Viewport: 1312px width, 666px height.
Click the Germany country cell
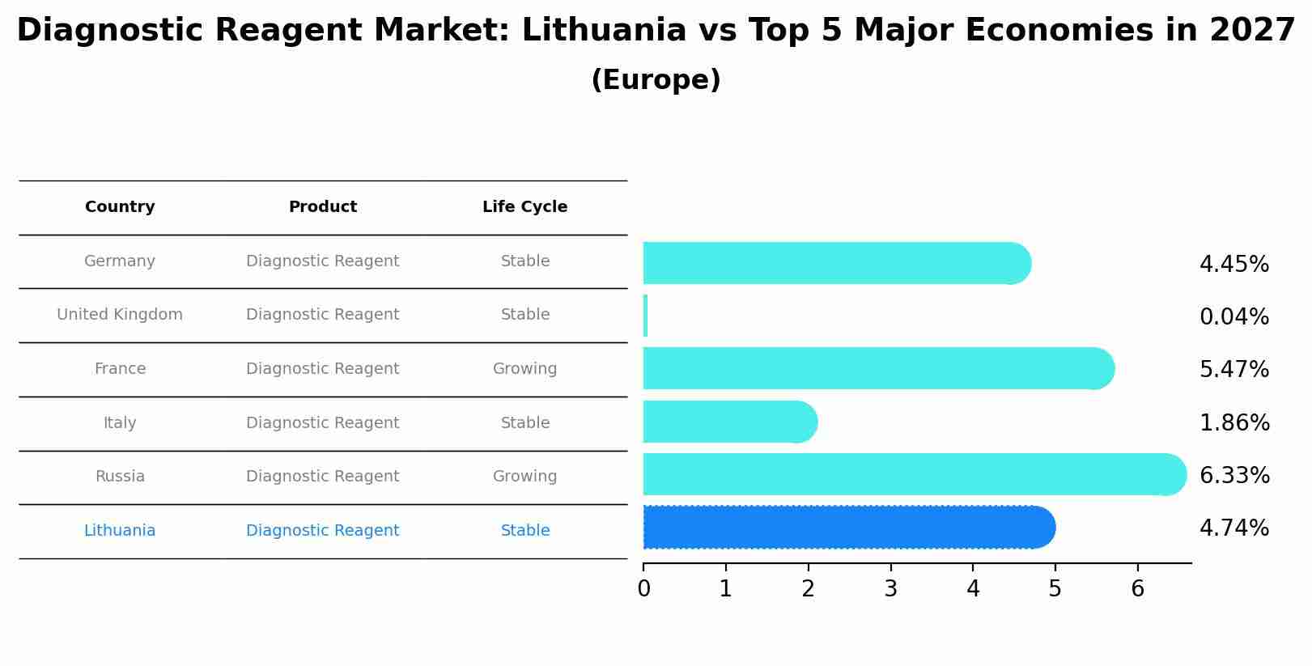120,261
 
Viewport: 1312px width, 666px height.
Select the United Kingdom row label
120,315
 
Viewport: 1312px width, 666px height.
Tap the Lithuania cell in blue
120,531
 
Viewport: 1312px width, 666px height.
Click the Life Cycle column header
524,207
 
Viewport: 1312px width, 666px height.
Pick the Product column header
322,207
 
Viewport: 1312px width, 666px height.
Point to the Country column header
120,207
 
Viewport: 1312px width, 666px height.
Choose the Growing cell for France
524,369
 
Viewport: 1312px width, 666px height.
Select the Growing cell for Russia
524,477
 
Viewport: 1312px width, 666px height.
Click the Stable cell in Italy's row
524,423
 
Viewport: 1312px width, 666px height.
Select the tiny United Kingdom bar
646,316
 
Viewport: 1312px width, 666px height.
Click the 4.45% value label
1233,265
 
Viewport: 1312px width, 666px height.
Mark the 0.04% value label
1233,317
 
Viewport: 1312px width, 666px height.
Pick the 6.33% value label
1234,476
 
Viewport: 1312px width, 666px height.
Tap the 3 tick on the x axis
890,588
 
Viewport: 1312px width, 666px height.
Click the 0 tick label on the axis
643,588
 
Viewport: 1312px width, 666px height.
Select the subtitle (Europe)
656,80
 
